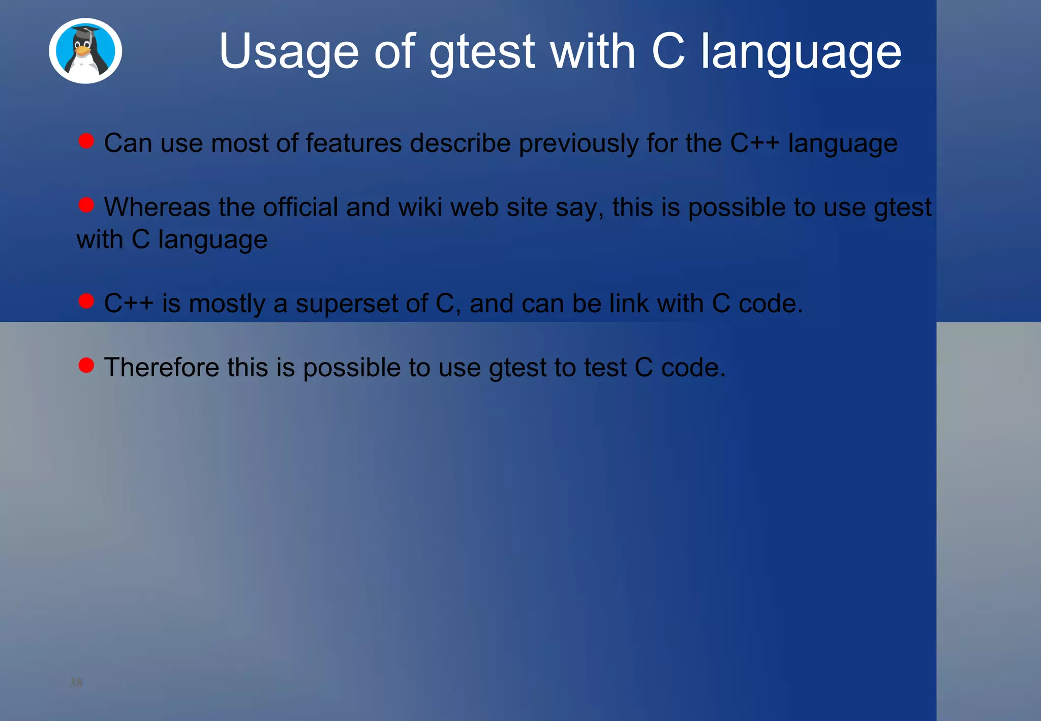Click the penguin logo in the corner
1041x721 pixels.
click(x=85, y=51)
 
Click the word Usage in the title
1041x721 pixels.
click(x=289, y=51)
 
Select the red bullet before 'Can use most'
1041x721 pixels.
click(x=86, y=141)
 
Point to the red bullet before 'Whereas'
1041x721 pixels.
click(x=86, y=205)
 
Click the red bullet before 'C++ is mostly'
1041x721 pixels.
click(x=86, y=301)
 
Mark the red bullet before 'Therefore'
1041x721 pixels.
click(x=86, y=365)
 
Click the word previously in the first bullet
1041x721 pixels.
click(x=578, y=143)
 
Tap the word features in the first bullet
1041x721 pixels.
click(x=354, y=143)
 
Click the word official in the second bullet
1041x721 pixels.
click(x=300, y=207)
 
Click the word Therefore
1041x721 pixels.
click(x=161, y=368)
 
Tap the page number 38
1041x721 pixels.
click(x=76, y=682)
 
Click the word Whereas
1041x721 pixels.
click(x=157, y=207)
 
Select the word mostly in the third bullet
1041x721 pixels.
click(x=227, y=304)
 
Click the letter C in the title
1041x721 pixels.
click(x=668, y=51)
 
